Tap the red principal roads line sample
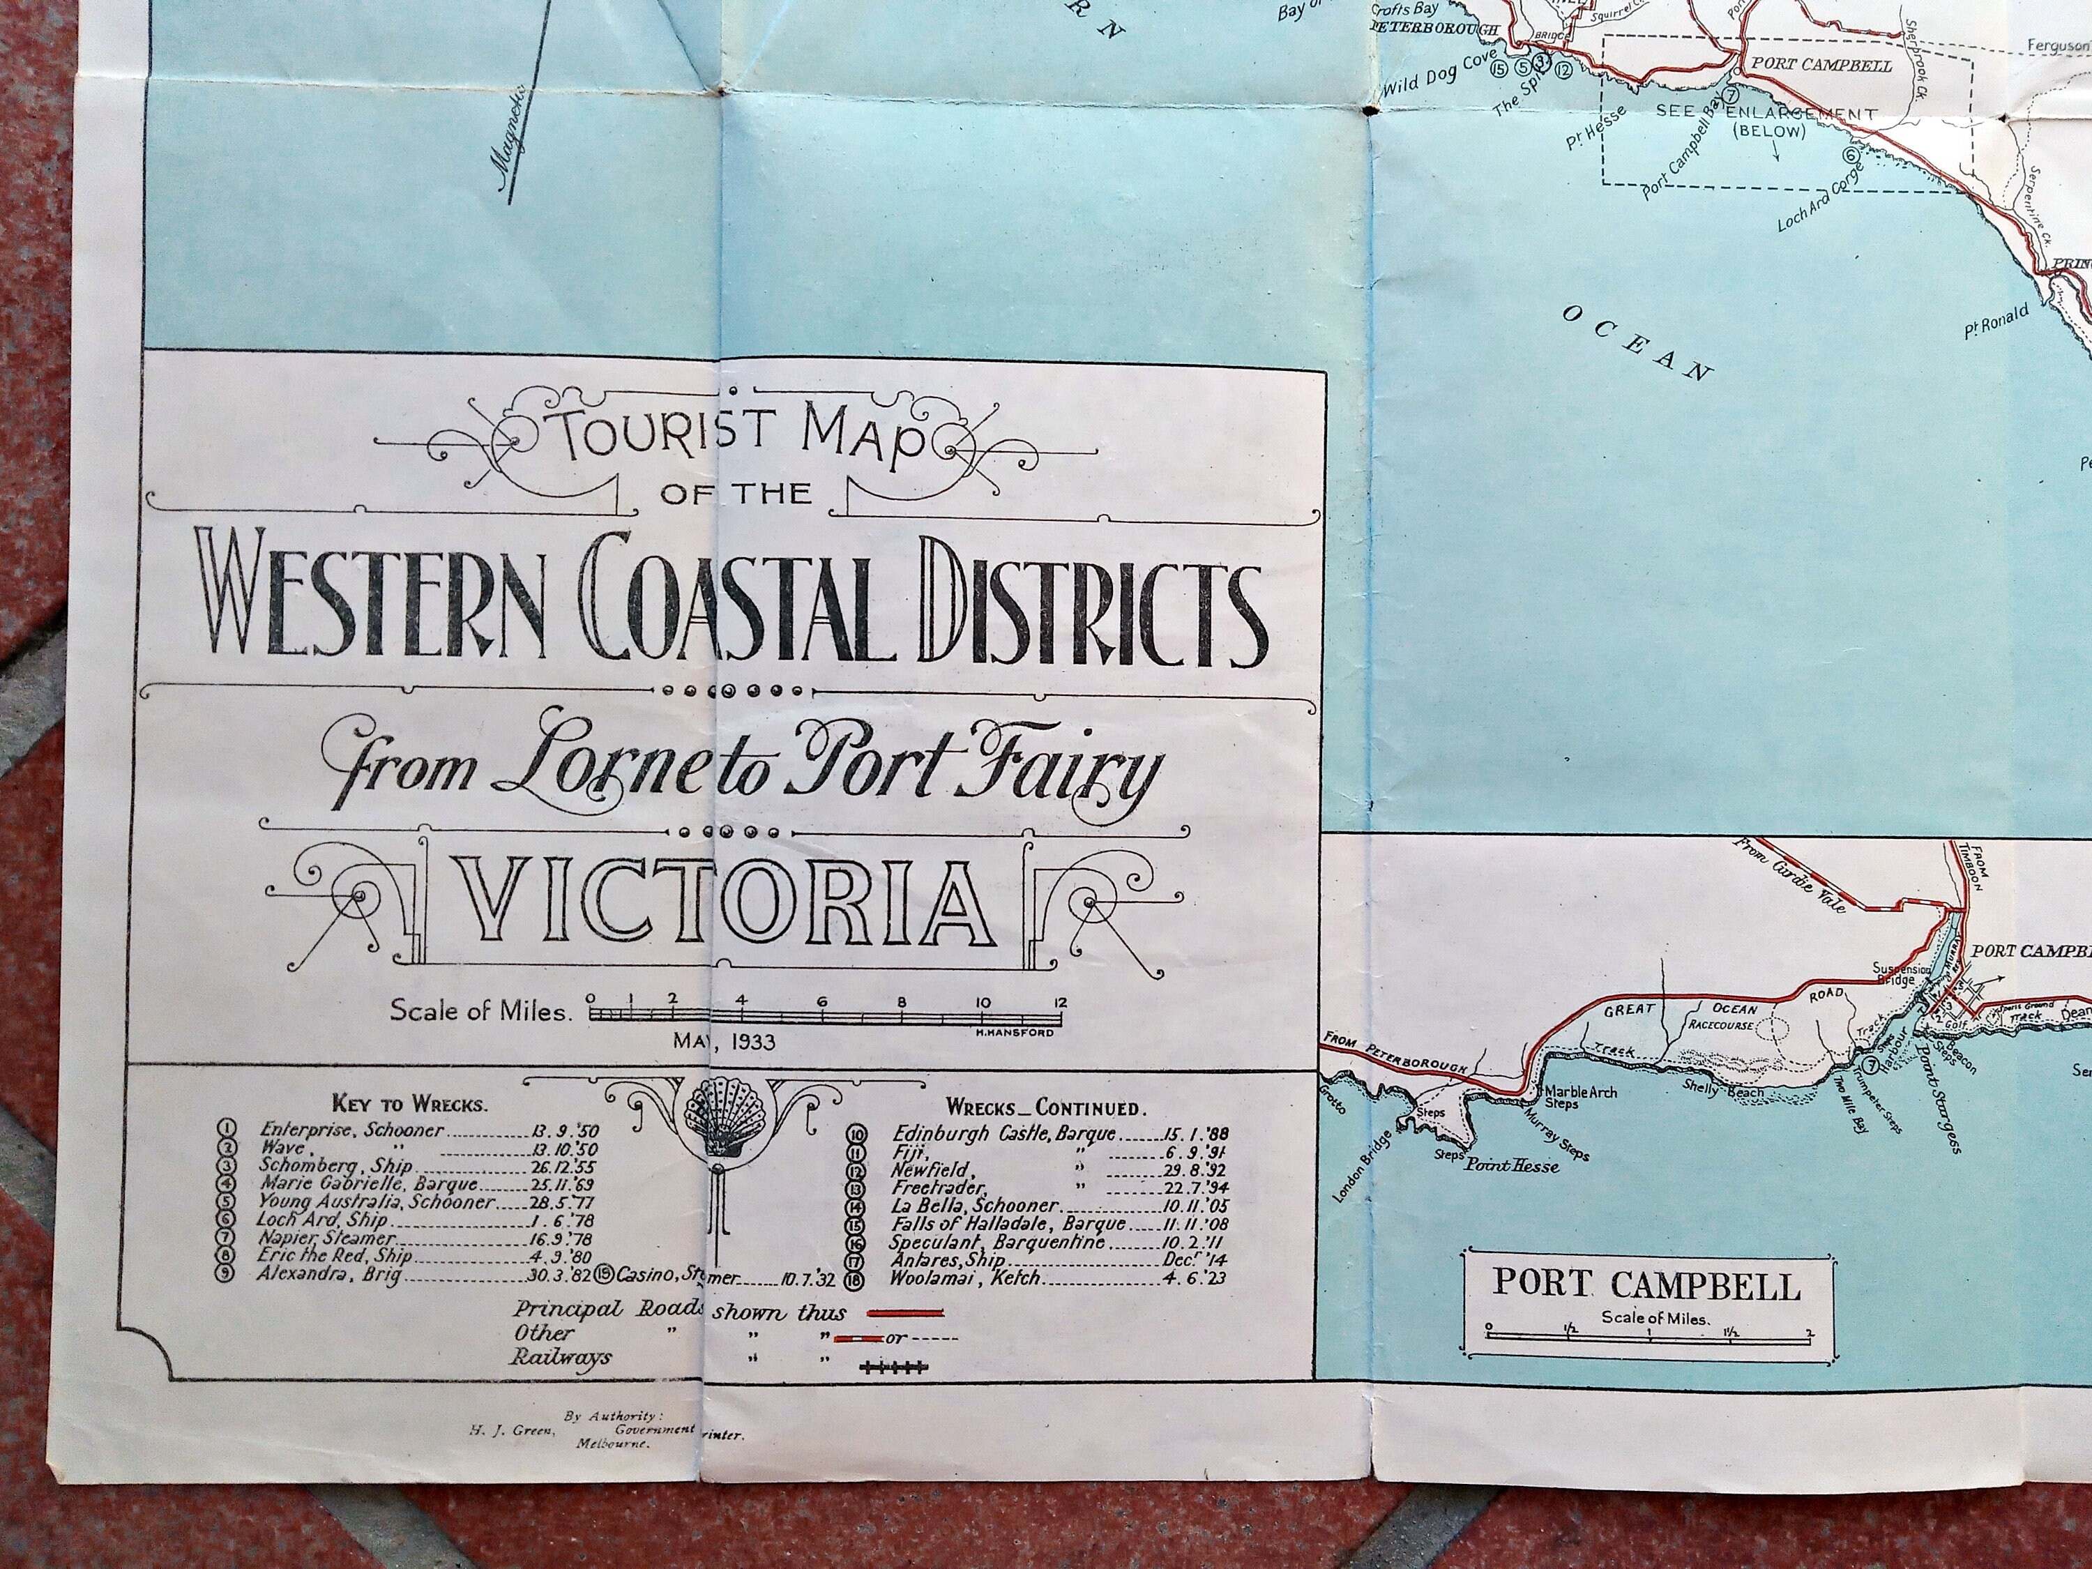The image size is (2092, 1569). click(906, 1312)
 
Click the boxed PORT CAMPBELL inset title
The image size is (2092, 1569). click(1646, 1284)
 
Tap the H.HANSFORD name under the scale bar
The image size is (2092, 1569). click(1014, 1032)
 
